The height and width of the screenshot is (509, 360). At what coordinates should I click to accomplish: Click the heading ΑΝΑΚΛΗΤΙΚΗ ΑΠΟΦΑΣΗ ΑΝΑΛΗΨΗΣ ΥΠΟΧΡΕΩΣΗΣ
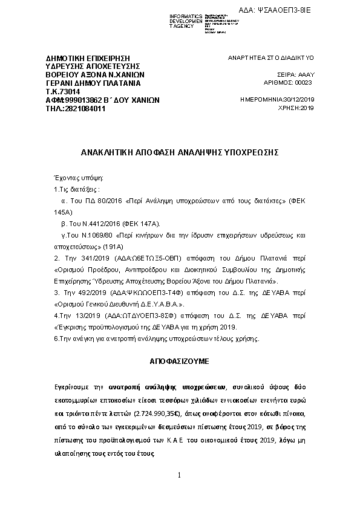pyautogui.click(x=180, y=153)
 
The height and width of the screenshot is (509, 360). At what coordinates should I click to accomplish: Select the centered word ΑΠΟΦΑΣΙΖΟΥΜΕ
pyautogui.click(x=180, y=360)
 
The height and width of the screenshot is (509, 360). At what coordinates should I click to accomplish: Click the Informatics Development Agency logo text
pyautogui.click(x=186, y=21)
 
